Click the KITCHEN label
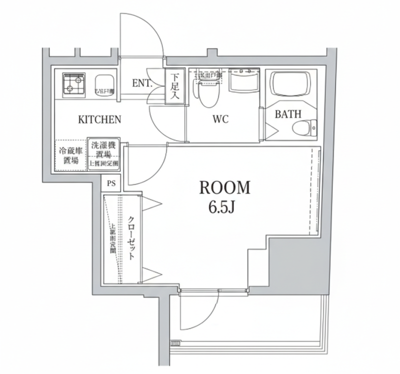point(99,119)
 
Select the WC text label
point(220,119)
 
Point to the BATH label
point(288,113)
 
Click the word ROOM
point(224,188)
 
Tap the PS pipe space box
point(111,183)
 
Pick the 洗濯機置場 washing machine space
point(104,154)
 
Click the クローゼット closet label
point(131,238)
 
